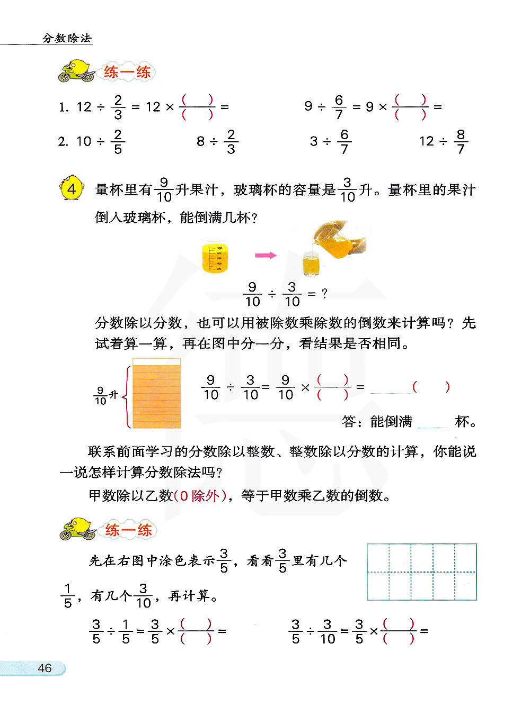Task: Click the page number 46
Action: (45, 668)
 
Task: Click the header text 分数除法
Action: (67, 38)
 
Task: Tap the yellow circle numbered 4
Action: (72, 189)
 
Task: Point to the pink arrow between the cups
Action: (266, 255)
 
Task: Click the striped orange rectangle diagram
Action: (156, 394)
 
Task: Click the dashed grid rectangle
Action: (421, 572)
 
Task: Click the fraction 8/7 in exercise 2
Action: (461, 142)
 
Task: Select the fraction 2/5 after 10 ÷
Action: (118, 142)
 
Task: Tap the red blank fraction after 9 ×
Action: (410, 106)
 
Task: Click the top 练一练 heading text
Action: (127, 71)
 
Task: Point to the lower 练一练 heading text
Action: (128, 530)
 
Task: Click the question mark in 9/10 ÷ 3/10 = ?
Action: (324, 293)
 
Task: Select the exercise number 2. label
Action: (63, 142)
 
